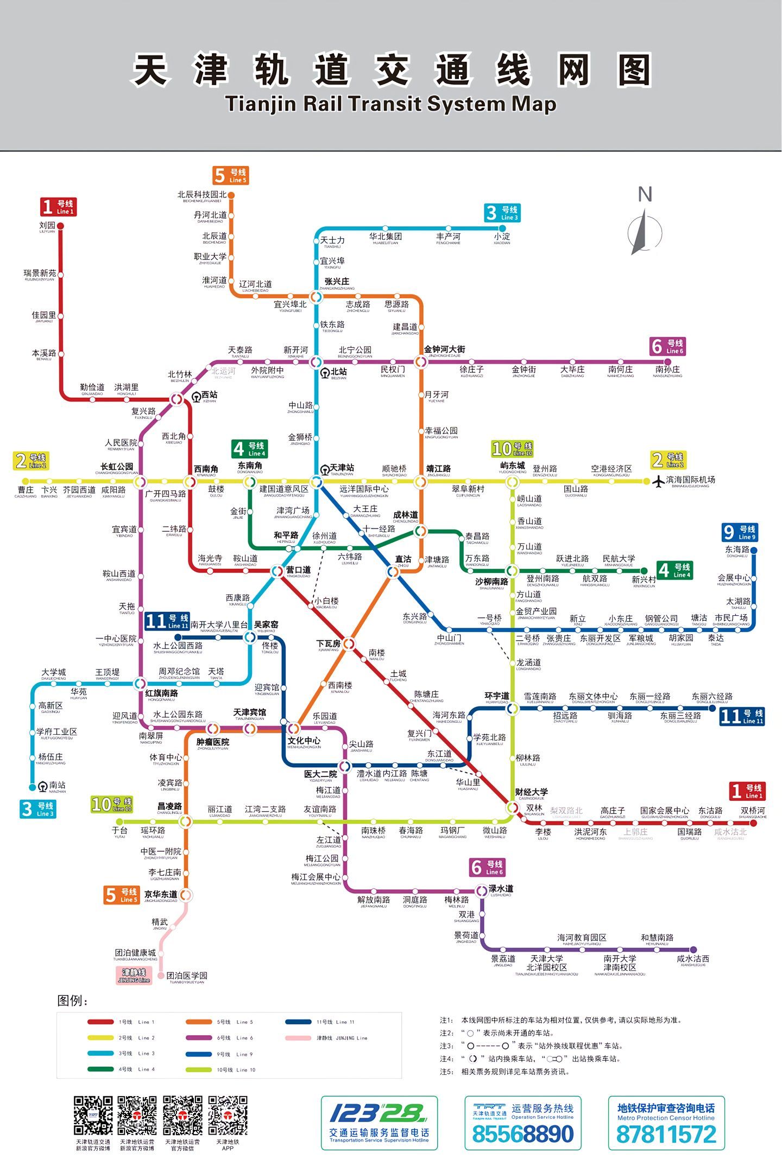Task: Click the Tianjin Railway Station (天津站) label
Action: pos(342,468)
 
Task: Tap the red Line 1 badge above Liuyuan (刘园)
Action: pos(58,207)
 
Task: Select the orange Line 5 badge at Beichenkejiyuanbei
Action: pos(230,175)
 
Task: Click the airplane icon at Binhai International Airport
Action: pos(659,481)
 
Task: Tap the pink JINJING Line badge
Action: pos(134,976)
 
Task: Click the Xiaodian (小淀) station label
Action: pos(502,237)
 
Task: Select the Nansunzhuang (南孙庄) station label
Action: pos(667,370)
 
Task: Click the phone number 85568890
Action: pos(522,1134)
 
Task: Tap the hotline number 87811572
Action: pos(666,1135)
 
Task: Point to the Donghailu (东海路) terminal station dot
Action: pos(754,550)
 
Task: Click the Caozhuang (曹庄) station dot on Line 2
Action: pos(25,481)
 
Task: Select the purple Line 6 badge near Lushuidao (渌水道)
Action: pos(487,868)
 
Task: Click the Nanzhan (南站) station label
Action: pos(57,785)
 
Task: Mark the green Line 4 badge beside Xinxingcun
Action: pos(674,570)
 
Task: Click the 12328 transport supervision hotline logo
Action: pos(379,1122)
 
